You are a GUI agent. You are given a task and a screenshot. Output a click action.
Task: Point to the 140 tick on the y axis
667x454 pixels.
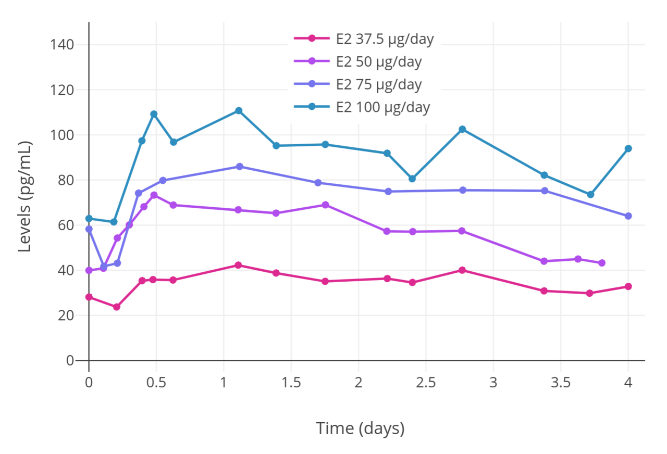tap(62, 45)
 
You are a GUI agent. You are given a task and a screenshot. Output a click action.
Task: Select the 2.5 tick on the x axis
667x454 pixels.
tap(425, 383)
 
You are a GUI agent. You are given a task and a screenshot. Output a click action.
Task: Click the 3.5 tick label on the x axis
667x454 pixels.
tap(560, 383)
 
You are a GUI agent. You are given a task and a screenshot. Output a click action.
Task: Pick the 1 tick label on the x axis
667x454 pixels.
tap(224, 383)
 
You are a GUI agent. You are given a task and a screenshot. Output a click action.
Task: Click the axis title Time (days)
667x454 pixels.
tap(360, 428)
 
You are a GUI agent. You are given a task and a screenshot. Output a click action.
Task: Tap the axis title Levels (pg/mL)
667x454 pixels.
tap(25, 196)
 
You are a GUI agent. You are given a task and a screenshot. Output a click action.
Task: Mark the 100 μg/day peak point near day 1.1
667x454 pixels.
tap(239, 110)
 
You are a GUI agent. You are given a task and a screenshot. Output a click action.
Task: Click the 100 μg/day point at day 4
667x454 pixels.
tap(628, 148)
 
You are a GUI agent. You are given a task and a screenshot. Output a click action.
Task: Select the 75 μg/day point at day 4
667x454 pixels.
tap(628, 216)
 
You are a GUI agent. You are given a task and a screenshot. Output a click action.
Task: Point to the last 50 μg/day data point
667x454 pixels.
tap(602, 263)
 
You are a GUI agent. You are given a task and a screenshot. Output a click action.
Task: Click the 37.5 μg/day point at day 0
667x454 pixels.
tap(89, 297)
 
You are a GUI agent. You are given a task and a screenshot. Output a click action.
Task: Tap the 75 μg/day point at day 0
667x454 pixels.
tap(89, 229)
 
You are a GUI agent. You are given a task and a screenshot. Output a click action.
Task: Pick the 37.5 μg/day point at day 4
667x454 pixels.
tap(628, 286)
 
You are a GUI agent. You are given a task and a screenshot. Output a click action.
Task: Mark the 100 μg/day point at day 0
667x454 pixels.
tap(89, 219)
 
